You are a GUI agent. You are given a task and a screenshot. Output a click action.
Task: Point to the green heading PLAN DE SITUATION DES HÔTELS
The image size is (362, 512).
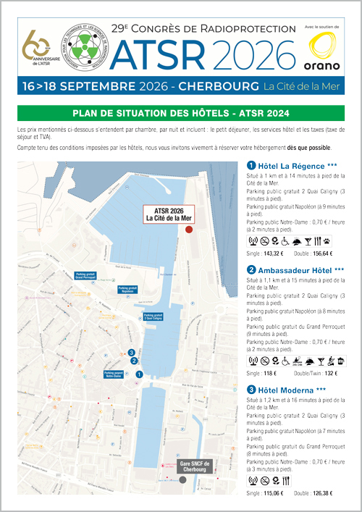click(180, 114)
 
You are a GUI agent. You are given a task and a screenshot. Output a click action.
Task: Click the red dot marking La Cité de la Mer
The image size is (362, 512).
click(189, 229)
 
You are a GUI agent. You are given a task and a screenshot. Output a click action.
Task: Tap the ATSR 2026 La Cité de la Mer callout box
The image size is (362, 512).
click(168, 214)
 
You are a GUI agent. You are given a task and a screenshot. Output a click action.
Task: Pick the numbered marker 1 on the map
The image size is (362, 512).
click(139, 374)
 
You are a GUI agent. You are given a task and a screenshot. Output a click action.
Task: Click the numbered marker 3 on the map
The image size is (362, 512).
click(130, 353)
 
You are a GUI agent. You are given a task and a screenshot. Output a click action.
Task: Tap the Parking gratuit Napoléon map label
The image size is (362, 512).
click(127, 289)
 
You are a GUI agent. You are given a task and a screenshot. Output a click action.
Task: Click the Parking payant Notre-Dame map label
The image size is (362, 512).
click(114, 375)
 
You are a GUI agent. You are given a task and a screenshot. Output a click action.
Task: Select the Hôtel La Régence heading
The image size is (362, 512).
click(288, 167)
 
